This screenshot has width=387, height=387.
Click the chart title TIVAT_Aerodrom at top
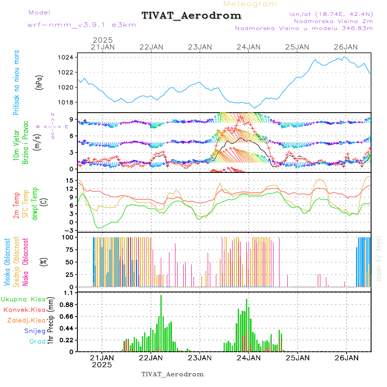[x=191, y=15]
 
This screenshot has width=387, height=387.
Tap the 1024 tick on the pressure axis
[x=68, y=57]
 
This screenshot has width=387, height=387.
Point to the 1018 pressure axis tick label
[x=68, y=102]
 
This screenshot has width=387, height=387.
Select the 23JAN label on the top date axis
[x=200, y=47]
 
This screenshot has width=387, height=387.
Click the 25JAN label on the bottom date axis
[x=298, y=357]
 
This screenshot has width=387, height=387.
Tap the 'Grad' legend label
[x=37, y=341]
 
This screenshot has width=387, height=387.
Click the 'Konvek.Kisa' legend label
[x=24, y=310]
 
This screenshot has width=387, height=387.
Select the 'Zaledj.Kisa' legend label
[x=26, y=320]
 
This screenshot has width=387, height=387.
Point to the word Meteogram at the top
[x=250, y=4]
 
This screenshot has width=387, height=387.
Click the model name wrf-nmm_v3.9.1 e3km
[x=82, y=25]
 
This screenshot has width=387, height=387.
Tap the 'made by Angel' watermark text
[x=379, y=258]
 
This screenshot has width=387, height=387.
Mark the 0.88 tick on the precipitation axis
[x=69, y=304]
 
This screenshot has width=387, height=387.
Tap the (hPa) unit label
[x=39, y=82]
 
